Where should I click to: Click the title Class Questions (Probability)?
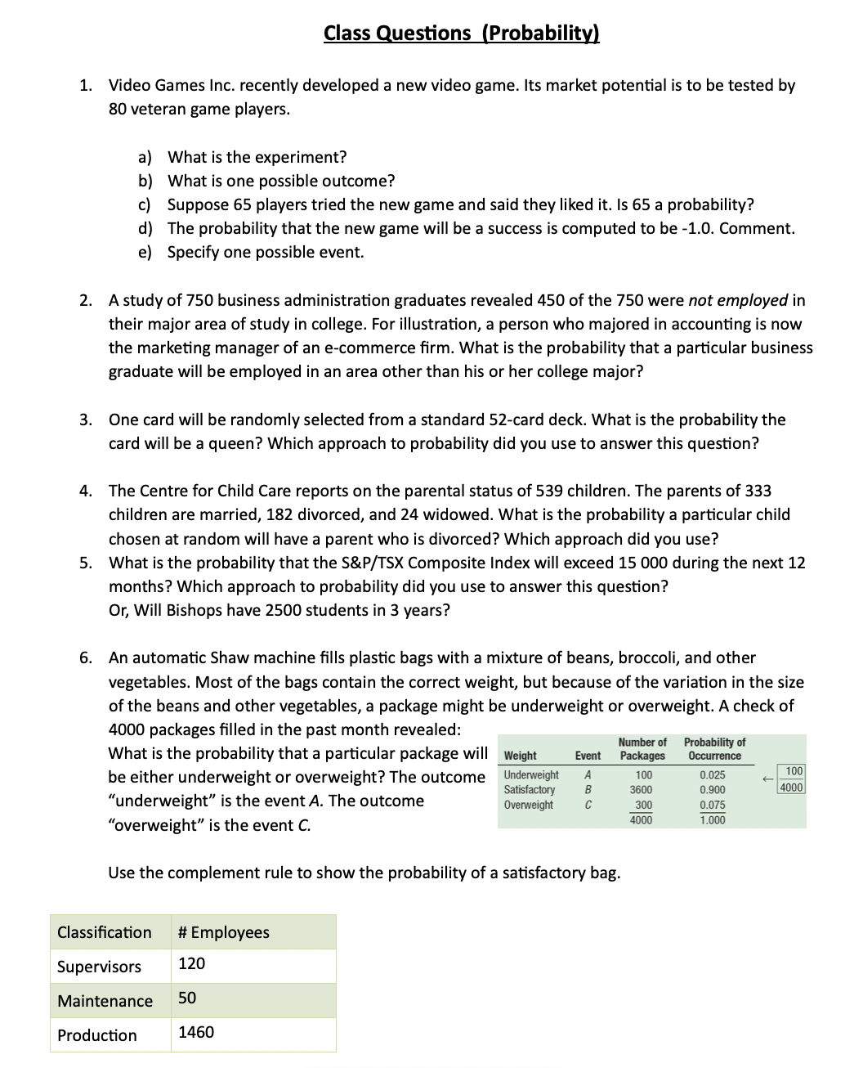(461, 33)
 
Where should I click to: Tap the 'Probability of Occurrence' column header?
(714, 748)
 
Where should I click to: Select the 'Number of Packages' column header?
(642, 748)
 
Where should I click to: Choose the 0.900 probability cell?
(713, 790)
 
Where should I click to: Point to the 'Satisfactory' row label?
(530, 790)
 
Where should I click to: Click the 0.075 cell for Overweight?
(713, 805)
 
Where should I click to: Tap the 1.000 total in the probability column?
(713, 819)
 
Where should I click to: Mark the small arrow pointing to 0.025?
(767, 779)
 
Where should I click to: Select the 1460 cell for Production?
(196, 1032)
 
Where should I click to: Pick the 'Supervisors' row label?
(99, 967)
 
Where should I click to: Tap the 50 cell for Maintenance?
(187, 998)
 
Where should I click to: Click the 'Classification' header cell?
(104, 932)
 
